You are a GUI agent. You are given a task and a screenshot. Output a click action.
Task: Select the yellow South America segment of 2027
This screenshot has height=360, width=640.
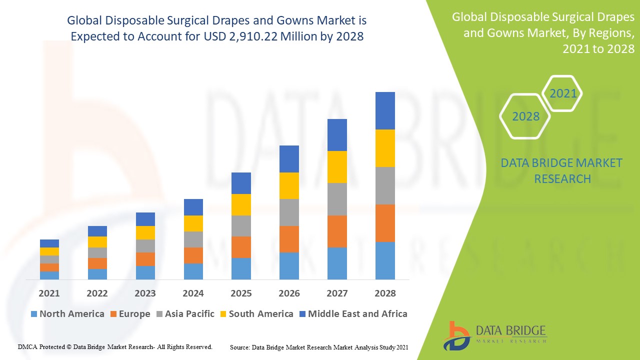click(x=337, y=167)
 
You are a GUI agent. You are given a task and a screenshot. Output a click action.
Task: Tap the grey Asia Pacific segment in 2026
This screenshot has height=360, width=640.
click(x=289, y=212)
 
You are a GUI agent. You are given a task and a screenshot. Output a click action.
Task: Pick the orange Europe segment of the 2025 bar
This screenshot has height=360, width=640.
click(x=241, y=247)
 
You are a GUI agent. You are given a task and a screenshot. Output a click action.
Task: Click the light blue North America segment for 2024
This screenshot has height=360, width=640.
click(x=193, y=271)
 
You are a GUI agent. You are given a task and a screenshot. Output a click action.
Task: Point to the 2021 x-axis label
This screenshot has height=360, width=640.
click(x=49, y=293)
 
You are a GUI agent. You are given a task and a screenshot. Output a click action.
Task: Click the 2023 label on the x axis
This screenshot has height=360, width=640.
click(x=145, y=293)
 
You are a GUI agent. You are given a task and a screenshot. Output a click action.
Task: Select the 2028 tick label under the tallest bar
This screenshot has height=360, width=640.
click(x=385, y=293)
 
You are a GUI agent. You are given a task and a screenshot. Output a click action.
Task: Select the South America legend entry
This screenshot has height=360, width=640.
click(x=255, y=314)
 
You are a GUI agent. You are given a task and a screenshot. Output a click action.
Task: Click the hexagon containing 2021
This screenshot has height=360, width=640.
click(x=562, y=93)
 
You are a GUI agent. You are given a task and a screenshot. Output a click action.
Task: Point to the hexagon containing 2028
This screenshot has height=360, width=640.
click(x=525, y=116)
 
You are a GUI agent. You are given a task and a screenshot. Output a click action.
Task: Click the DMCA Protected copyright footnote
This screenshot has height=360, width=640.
click(x=115, y=346)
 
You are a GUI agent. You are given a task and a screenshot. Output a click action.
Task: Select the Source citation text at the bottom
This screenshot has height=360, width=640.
click(x=319, y=346)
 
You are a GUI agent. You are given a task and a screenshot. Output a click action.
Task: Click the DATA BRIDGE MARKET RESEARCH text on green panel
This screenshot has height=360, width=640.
click(x=562, y=170)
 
